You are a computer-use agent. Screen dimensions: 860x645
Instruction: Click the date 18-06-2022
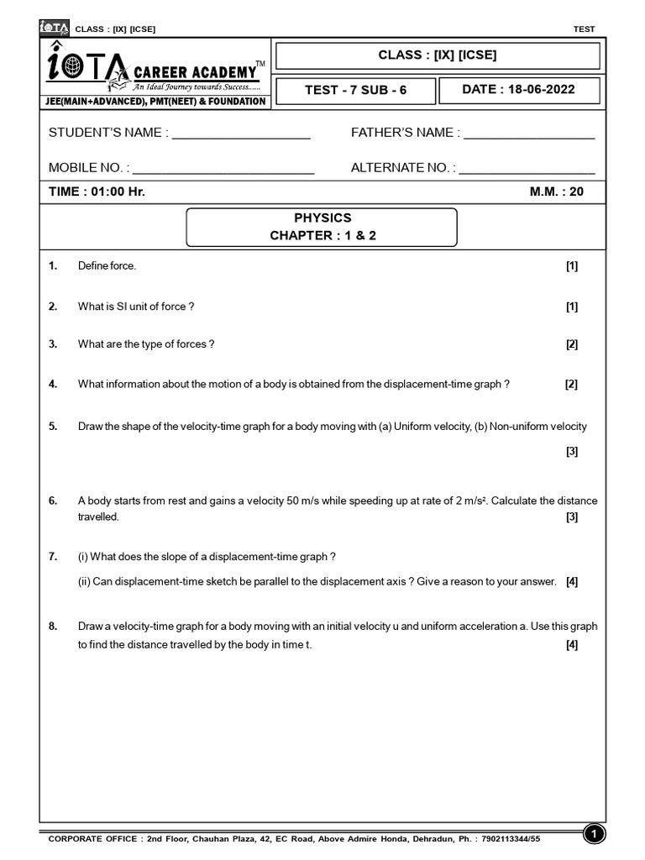[x=542, y=90]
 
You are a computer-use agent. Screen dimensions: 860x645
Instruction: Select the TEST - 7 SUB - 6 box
[x=355, y=90]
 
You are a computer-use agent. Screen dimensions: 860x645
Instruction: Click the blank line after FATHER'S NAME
[x=529, y=135]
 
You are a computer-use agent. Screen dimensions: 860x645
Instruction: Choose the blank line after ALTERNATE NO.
[x=527, y=170]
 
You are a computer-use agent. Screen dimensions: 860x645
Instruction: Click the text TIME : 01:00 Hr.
[x=97, y=191]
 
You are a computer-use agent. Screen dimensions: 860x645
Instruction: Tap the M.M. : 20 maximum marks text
[x=556, y=191]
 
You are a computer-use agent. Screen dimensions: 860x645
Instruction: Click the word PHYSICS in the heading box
[x=322, y=218]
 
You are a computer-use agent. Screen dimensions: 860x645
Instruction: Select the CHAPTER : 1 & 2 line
[x=322, y=236]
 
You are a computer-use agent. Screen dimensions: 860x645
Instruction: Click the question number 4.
[x=53, y=385]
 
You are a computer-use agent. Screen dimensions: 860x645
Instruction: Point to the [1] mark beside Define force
[x=571, y=266]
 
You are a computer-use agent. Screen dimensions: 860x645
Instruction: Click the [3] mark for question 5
[x=571, y=452]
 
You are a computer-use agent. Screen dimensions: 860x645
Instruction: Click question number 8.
[x=53, y=627]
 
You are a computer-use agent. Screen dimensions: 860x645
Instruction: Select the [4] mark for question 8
[x=571, y=645]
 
